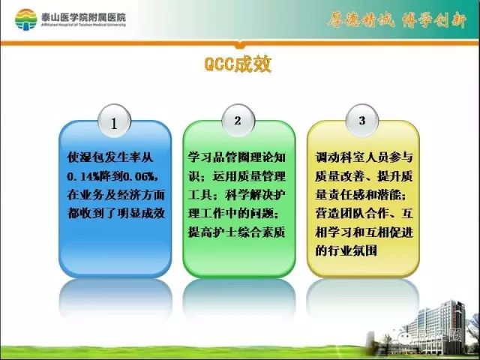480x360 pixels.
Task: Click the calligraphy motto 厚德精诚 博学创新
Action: tap(392, 19)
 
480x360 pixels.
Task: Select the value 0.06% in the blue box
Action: tap(136, 177)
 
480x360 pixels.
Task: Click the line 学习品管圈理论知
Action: tap(237, 159)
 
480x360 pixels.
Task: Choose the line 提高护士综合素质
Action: tap(237, 232)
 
